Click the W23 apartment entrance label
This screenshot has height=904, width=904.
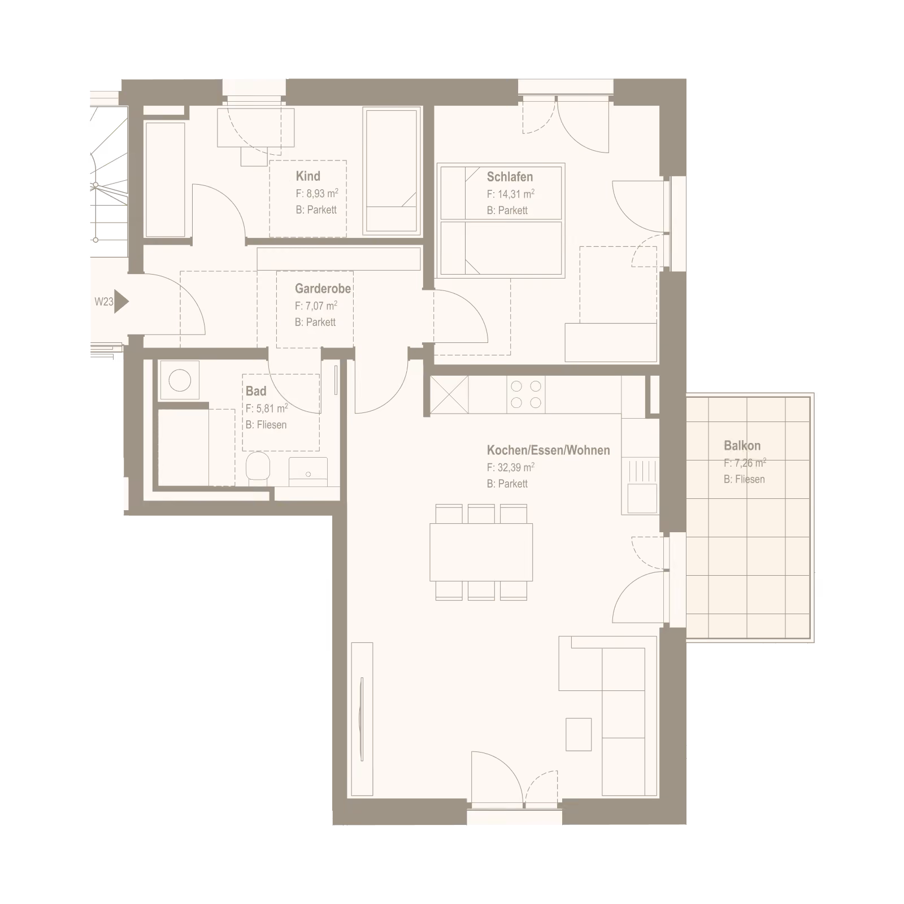pyautogui.click(x=104, y=302)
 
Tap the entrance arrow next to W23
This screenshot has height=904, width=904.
pyautogui.click(x=121, y=302)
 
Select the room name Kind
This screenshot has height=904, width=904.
pyautogui.click(x=308, y=176)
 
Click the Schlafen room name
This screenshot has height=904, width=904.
pyautogui.click(x=510, y=176)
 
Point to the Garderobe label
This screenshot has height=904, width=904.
pyautogui.click(x=323, y=289)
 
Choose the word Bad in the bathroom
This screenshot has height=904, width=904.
pyautogui.click(x=256, y=390)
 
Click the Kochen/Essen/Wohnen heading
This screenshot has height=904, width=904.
pyautogui.click(x=548, y=450)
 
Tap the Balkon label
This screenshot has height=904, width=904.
pyautogui.click(x=742, y=446)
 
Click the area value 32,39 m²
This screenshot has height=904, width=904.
pyautogui.click(x=510, y=468)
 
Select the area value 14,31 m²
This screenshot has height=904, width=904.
pyautogui.click(x=510, y=194)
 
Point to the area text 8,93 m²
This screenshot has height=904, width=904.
pyautogui.click(x=317, y=194)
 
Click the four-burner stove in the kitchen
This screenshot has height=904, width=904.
pyautogui.click(x=526, y=394)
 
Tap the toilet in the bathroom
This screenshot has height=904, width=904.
pyautogui.click(x=259, y=468)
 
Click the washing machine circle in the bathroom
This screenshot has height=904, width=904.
pyautogui.click(x=180, y=380)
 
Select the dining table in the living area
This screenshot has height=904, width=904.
pyautogui.click(x=481, y=552)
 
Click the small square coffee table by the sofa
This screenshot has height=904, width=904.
pyautogui.click(x=579, y=734)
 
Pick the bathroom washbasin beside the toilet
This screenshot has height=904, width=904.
pyautogui.click(x=308, y=472)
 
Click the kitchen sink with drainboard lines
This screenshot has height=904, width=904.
pyautogui.click(x=640, y=486)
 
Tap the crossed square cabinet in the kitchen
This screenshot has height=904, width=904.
pyautogui.click(x=449, y=394)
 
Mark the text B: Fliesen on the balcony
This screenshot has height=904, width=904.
pyautogui.click(x=744, y=479)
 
